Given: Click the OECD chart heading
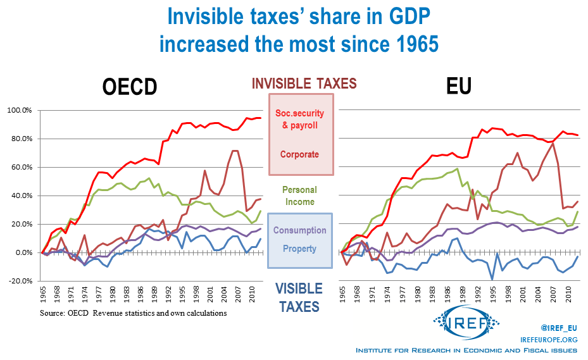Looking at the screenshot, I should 129,87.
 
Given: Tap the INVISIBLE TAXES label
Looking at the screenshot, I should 304,83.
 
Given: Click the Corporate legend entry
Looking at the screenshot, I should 301,154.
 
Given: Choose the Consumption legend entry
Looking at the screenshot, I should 301,230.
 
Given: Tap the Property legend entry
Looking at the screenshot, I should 301,248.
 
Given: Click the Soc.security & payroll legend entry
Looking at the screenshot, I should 301,119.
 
